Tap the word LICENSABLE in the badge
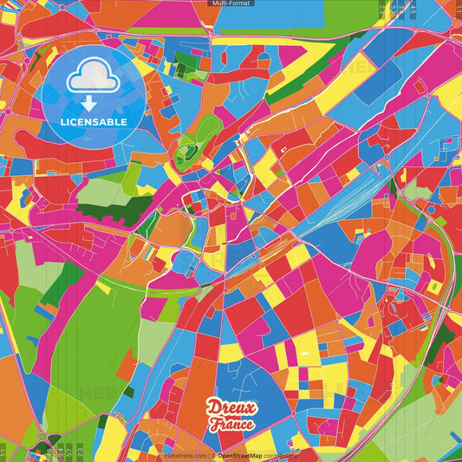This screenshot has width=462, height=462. coord(94,122)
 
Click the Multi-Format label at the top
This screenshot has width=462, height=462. coord(231,3)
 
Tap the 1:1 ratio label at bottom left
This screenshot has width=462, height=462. coord(3,452)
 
